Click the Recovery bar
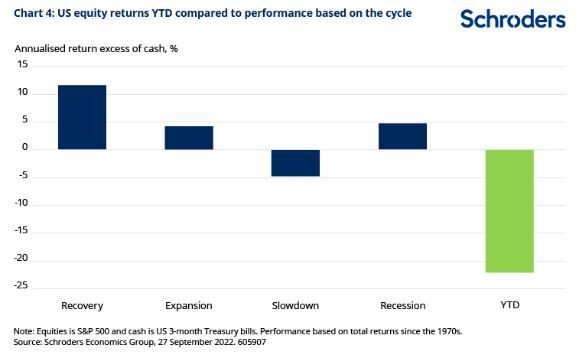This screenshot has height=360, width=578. (82, 117)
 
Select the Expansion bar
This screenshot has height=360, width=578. (189, 138)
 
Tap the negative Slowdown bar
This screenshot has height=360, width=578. (296, 163)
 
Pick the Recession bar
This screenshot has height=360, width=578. (403, 136)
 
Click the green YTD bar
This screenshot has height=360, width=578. (509, 211)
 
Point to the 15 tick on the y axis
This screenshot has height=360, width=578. (22, 64)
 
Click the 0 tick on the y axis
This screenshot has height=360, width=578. (25, 147)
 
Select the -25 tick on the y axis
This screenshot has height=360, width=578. (21, 286)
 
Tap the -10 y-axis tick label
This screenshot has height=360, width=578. (21, 203)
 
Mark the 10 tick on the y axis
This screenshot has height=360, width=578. (22, 92)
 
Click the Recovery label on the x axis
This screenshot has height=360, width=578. (82, 306)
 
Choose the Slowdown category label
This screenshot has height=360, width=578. (295, 305)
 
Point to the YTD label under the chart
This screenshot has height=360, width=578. (510, 305)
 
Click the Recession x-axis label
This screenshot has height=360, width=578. (403, 305)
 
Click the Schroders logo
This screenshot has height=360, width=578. (513, 19)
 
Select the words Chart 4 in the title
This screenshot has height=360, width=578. (33, 13)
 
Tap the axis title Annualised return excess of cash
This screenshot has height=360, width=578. (90, 49)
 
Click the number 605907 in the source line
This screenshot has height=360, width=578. (252, 342)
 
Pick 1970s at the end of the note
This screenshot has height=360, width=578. (450, 331)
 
